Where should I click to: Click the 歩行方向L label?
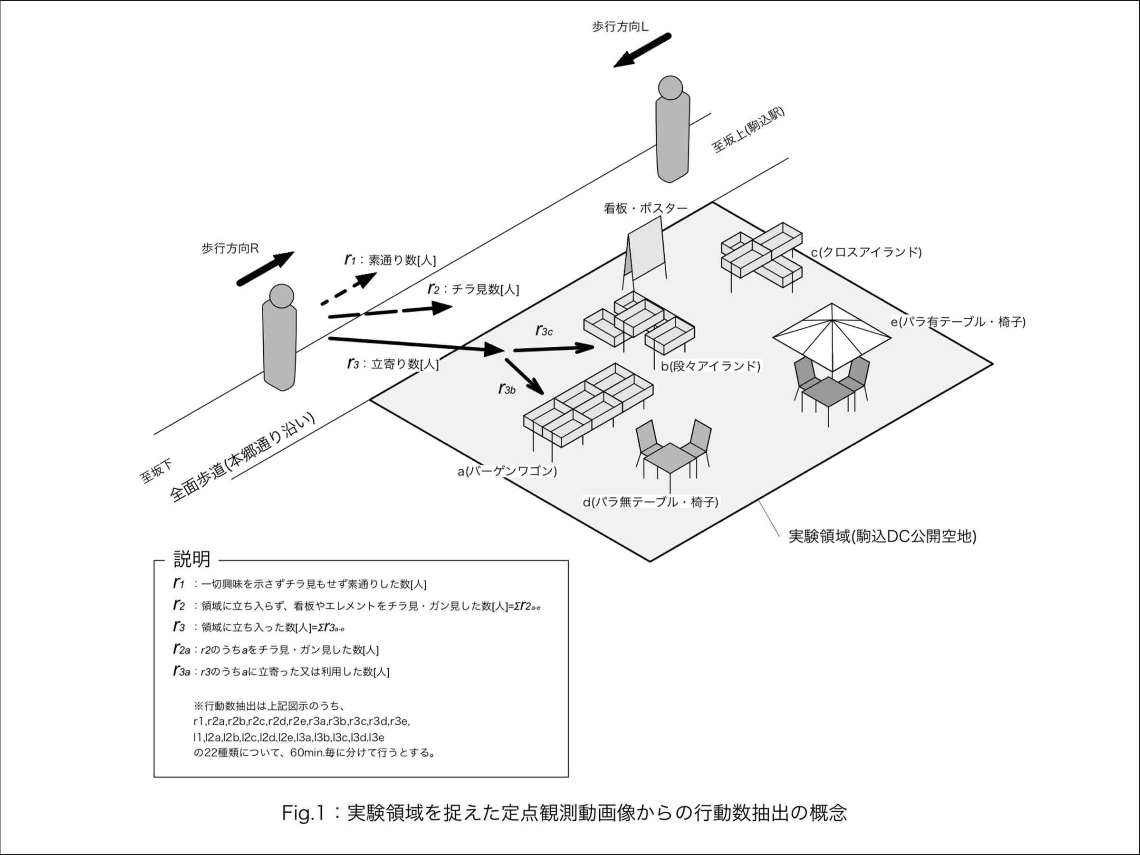[620, 27]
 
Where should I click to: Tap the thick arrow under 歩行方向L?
[642, 50]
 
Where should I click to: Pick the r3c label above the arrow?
[544, 331]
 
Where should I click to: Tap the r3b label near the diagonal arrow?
[507, 389]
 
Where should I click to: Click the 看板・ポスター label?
[645, 208]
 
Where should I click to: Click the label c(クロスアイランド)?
[866, 252]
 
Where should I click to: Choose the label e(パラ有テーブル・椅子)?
[958, 322]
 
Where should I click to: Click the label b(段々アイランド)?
[710, 366]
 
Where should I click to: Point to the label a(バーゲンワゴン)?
[507, 471]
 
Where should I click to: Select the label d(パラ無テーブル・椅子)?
[651, 502]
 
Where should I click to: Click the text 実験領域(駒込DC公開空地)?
[882, 536]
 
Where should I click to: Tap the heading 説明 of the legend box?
[192, 559]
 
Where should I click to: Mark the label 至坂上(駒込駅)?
[748, 130]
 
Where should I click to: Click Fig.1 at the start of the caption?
[303, 813]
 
